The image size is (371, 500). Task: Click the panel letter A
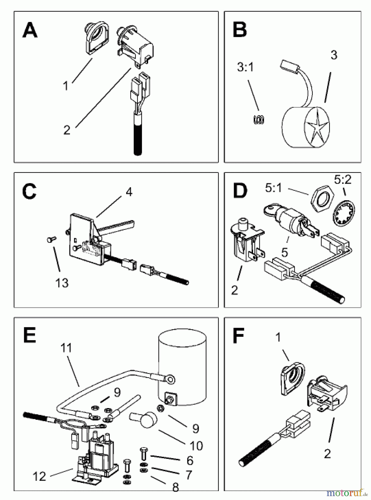pyautogui.click(x=30, y=31)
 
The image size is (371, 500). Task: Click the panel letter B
pyautogui.click(x=240, y=30)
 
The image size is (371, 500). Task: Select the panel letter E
pyautogui.click(x=29, y=336)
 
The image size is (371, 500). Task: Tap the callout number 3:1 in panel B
pyautogui.click(x=245, y=67)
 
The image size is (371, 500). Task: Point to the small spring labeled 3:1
pyautogui.click(x=259, y=119)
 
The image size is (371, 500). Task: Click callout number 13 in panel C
pyautogui.click(x=62, y=283)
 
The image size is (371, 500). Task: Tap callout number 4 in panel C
pyautogui.click(x=129, y=192)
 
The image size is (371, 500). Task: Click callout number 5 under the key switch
pyautogui.click(x=285, y=252)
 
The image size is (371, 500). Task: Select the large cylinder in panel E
pyautogui.click(x=182, y=367)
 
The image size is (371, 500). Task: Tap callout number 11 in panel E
pyautogui.click(x=66, y=348)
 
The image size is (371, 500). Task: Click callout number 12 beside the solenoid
pyautogui.click(x=39, y=476)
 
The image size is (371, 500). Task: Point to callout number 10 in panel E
pyautogui.click(x=196, y=446)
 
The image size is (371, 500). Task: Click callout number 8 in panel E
pyautogui.click(x=175, y=487)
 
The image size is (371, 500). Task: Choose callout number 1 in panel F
pyautogui.click(x=278, y=338)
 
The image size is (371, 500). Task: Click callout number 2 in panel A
pyautogui.click(x=67, y=130)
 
